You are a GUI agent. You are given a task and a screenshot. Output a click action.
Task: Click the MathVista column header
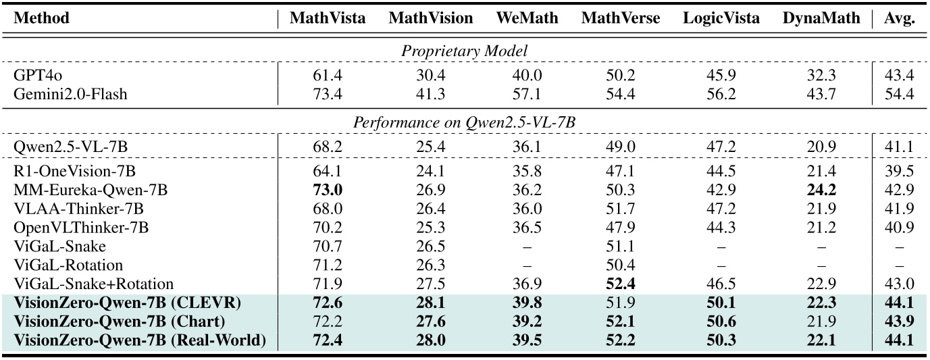(328, 18)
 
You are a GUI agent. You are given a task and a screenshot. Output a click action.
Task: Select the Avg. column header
(900, 18)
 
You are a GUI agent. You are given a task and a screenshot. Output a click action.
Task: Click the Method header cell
(42, 18)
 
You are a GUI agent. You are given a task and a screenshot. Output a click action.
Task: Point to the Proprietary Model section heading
(465, 51)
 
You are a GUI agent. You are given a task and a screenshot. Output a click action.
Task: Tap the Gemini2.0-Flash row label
(70, 94)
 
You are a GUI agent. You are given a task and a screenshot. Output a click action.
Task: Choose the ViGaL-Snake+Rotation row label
(94, 284)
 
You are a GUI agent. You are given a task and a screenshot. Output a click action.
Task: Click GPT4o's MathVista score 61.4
(328, 76)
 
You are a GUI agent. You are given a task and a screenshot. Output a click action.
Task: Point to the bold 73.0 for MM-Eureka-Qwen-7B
(328, 190)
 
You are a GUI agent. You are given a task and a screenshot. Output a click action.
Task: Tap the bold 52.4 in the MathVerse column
(621, 284)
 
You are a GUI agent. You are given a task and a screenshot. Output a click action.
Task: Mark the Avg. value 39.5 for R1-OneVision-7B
(900, 172)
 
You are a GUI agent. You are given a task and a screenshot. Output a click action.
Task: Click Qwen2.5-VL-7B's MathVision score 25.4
(431, 146)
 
